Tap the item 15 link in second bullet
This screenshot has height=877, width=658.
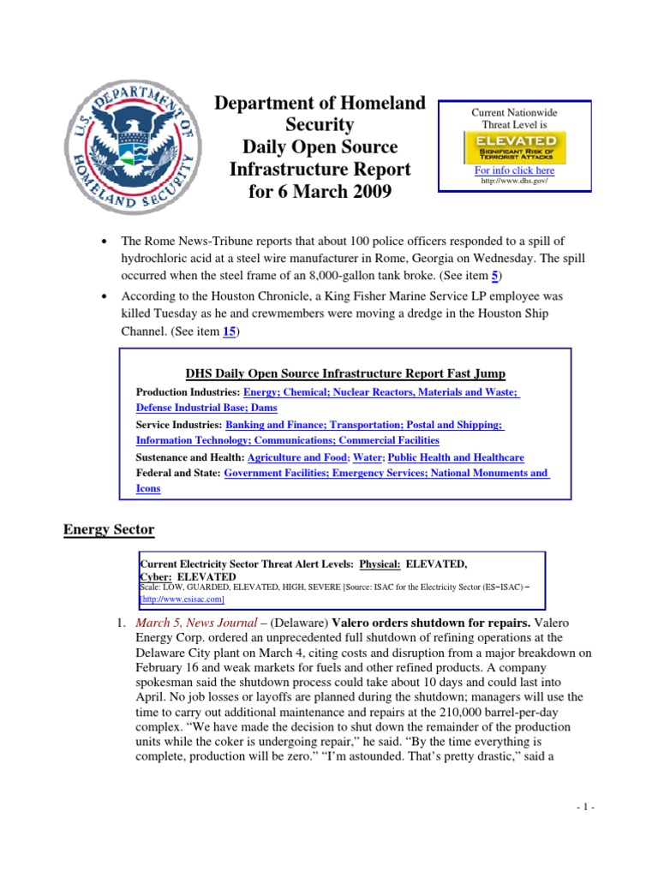(229, 332)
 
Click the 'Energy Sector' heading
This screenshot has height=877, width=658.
(109, 529)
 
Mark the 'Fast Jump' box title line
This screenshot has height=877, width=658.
(345, 373)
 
